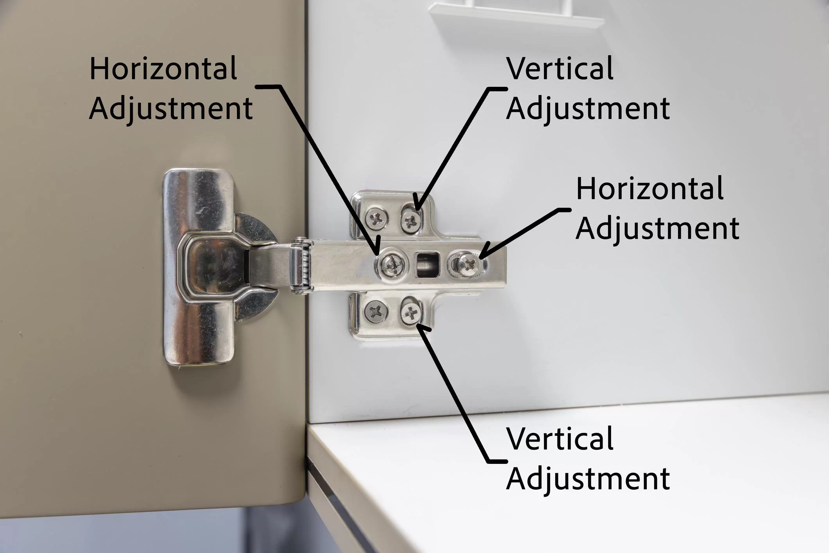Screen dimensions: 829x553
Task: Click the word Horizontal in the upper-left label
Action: pos(163,68)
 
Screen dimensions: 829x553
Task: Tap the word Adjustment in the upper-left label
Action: pos(171,109)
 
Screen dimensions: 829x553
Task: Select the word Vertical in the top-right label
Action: pos(560,68)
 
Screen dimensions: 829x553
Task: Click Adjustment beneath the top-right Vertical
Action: pos(588,109)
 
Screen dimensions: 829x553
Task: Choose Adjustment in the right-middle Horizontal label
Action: pos(658,228)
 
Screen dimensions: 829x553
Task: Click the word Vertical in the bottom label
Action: pos(560,439)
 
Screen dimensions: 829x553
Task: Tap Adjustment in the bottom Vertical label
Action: pos(588,479)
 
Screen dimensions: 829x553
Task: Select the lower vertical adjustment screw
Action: pos(411,312)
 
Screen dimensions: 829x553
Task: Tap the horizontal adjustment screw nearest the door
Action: pos(392,266)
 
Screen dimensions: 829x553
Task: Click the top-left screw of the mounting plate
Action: pos(377,219)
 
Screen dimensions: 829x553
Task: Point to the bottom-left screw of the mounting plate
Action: pos(376,312)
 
